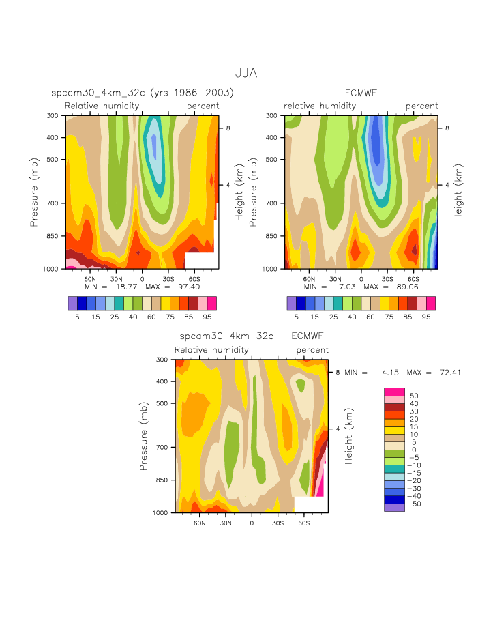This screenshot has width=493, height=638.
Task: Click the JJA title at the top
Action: click(x=245, y=72)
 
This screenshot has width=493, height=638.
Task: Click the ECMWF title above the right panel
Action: click(x=361, y=93)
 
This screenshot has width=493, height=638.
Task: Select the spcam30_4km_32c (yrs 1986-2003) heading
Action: click(x=143, y=93)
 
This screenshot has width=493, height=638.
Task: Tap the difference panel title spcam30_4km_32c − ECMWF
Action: click(x=251, y=336)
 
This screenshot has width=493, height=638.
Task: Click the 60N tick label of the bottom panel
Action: click(x=200, y=523)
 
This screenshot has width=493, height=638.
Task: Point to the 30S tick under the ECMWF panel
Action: click(x=387, y=279)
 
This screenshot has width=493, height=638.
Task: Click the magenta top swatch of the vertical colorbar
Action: click(x=395, y=391)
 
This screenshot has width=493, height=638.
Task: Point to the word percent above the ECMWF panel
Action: click(x=422, y=106)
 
